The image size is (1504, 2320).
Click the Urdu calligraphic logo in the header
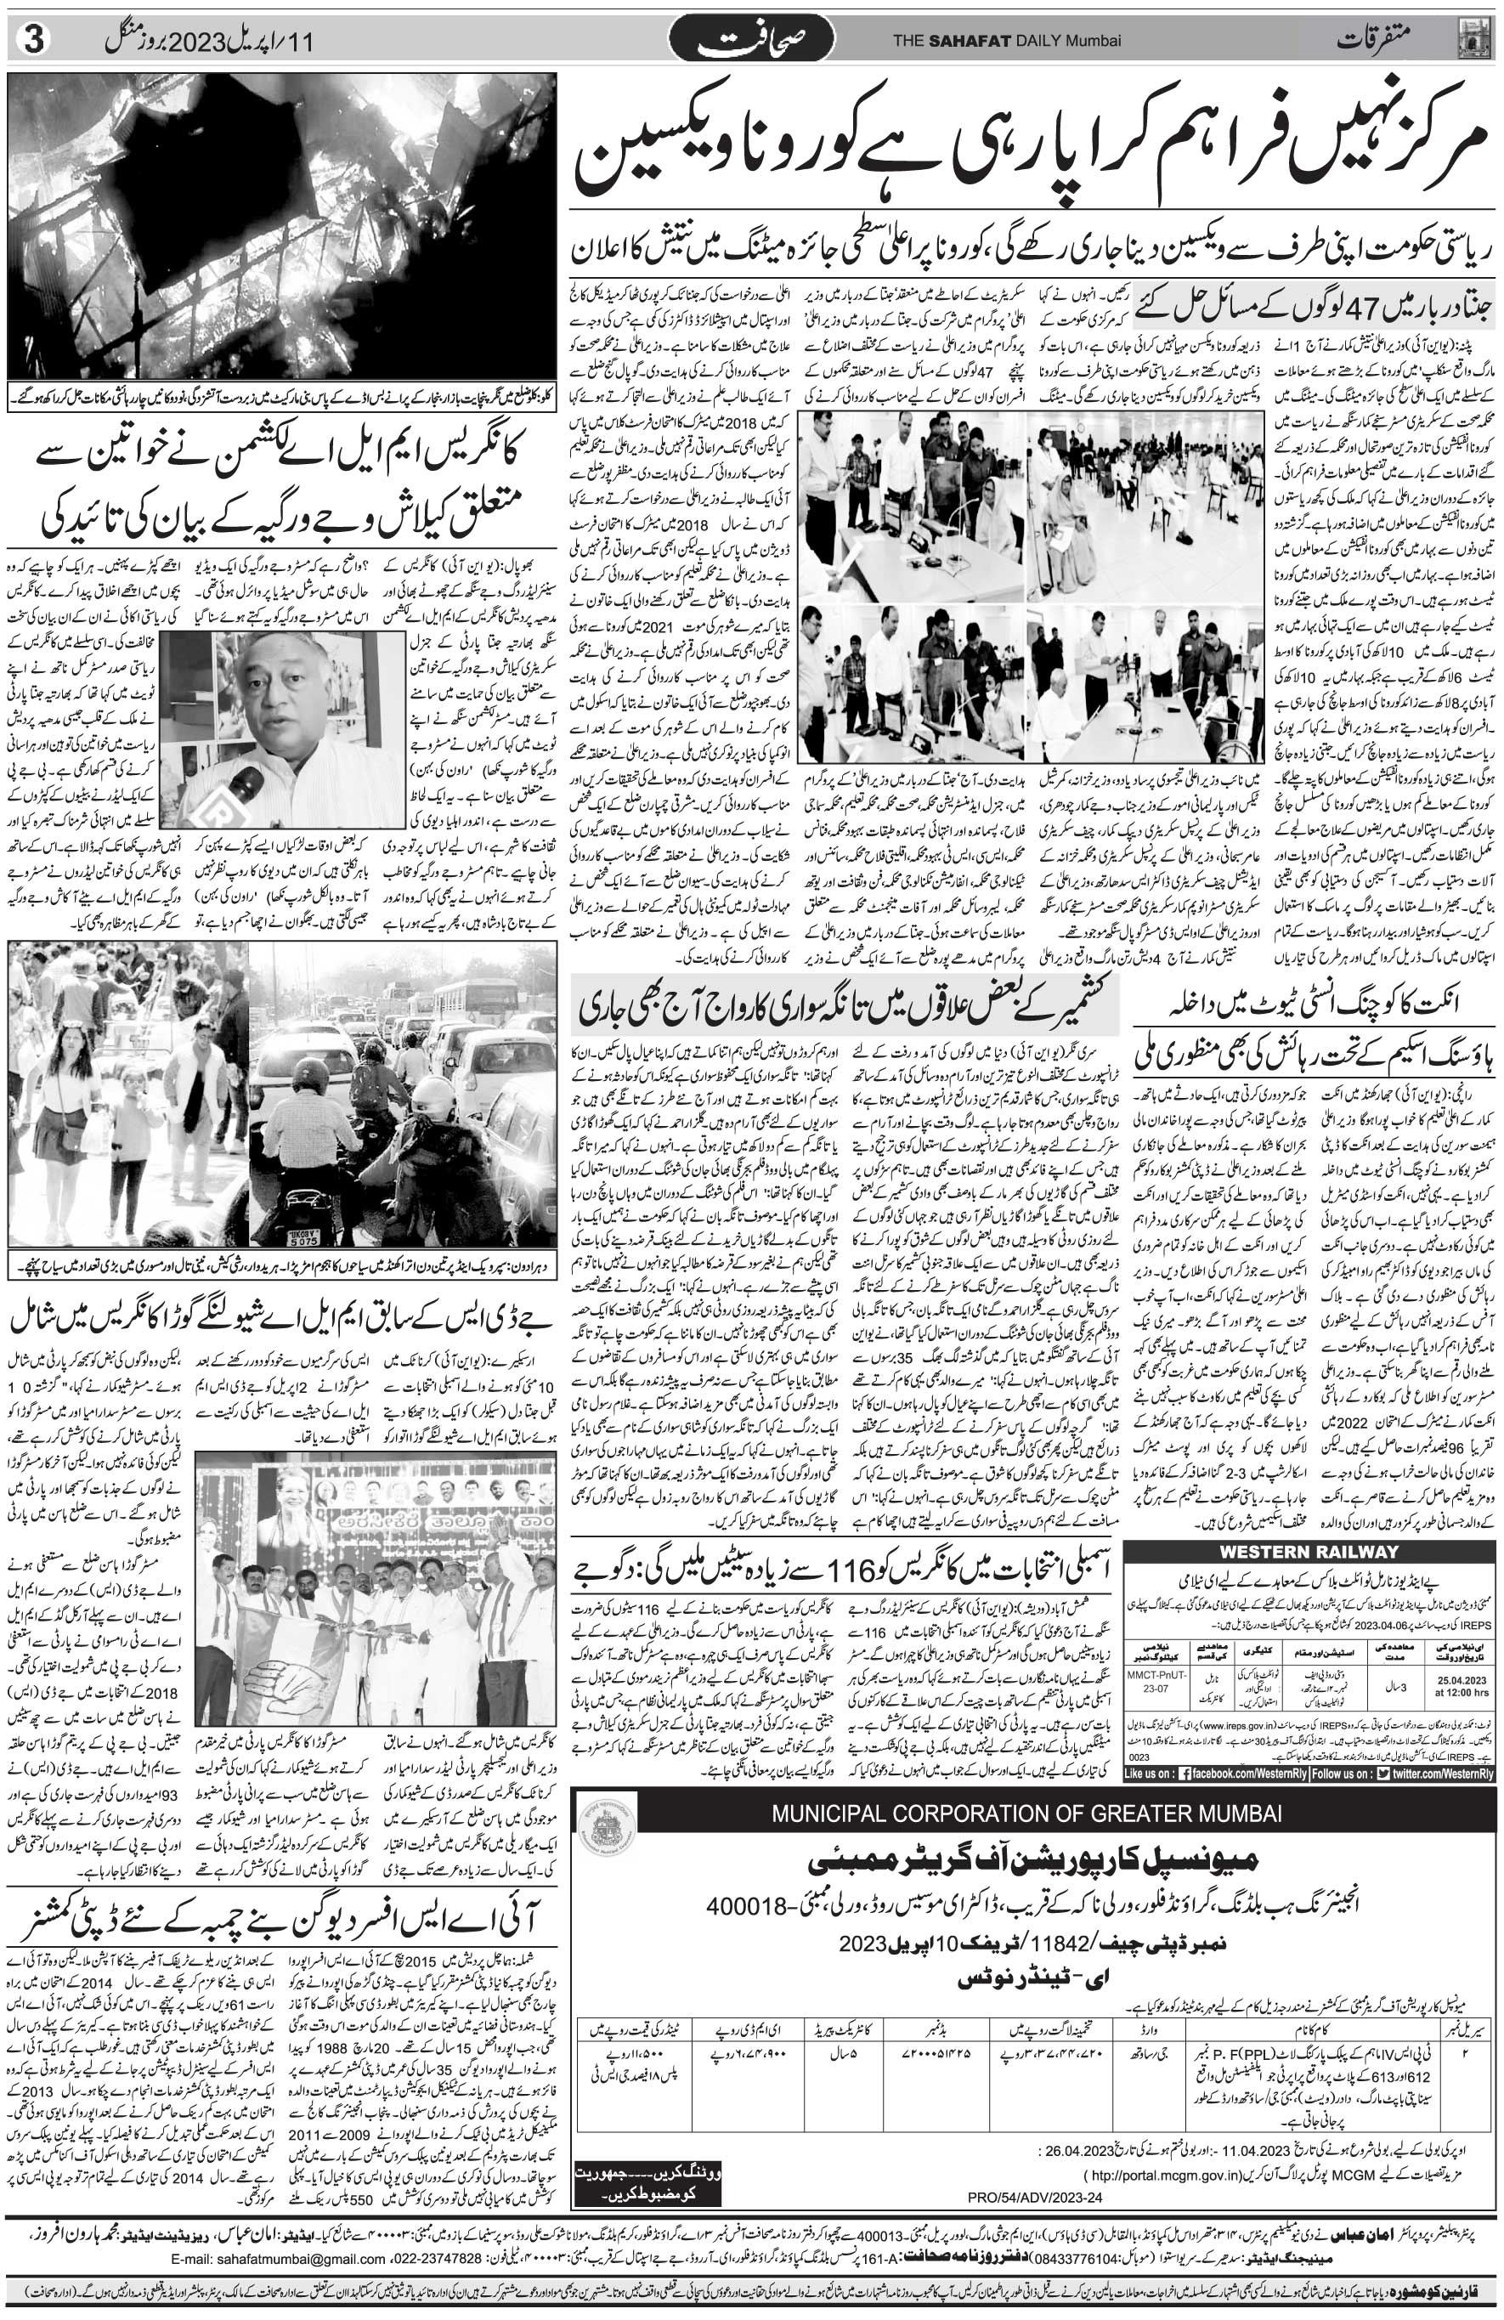coord(750,42)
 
